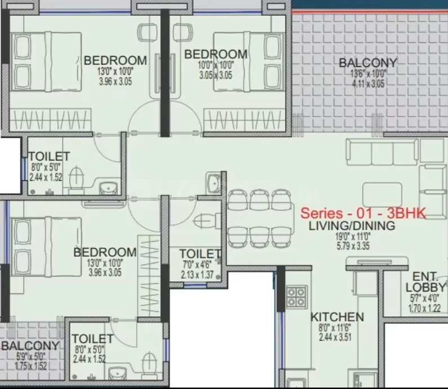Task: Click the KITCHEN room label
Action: (337, 317)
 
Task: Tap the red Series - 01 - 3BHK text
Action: (363, 213)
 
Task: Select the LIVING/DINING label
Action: (352, 226)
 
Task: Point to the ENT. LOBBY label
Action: (425, 282)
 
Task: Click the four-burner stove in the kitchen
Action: (297, 297)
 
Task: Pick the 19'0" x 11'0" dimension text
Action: (353, 236)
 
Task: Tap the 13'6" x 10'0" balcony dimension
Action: (368, 74)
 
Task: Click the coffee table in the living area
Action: (382, 195)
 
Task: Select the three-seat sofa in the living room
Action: (382, 152)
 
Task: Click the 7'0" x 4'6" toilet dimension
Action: (197, 265)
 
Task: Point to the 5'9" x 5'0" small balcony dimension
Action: (30, 356)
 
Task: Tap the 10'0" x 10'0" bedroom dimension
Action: (216, 65)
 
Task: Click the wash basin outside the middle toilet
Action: (214, 182)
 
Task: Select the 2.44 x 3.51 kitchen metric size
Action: (335, 337)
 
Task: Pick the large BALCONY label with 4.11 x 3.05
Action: (368, 63)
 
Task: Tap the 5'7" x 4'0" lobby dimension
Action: (424, 298)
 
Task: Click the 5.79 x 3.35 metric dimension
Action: (353, 246)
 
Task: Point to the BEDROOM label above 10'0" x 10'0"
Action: (216, 54)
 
